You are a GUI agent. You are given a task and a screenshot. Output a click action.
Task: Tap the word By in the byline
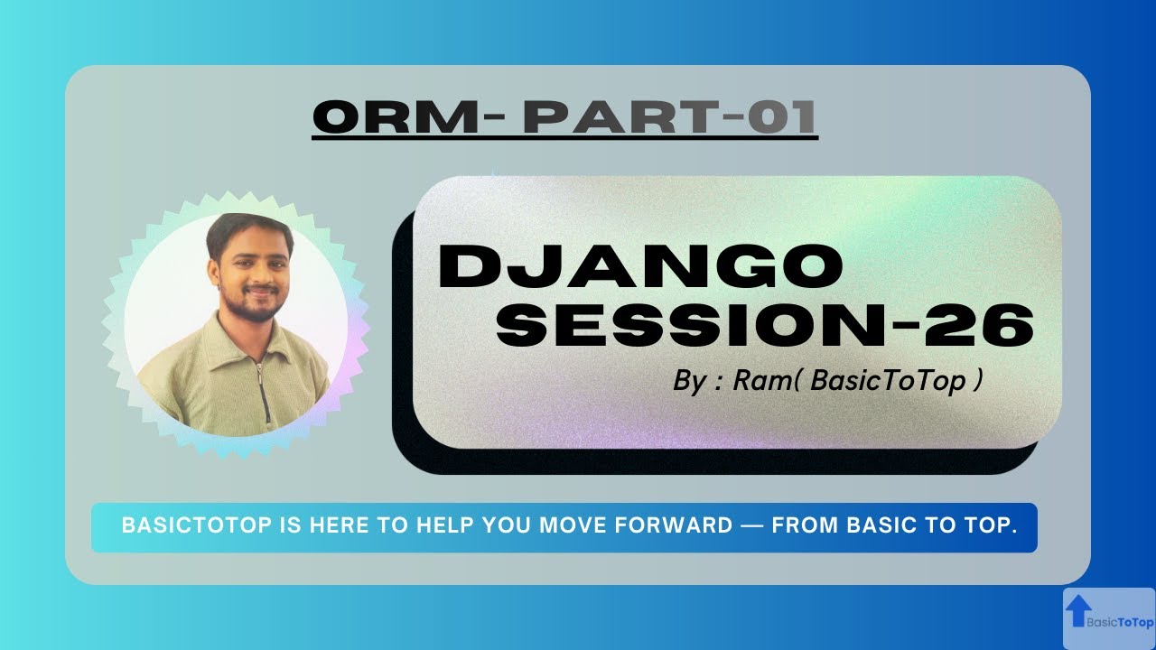tap(689, 381)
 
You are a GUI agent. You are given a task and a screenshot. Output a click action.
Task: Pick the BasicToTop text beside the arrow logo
tap(1120, 622)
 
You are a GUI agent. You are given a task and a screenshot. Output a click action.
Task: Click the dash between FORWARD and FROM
tap(751, 526)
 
